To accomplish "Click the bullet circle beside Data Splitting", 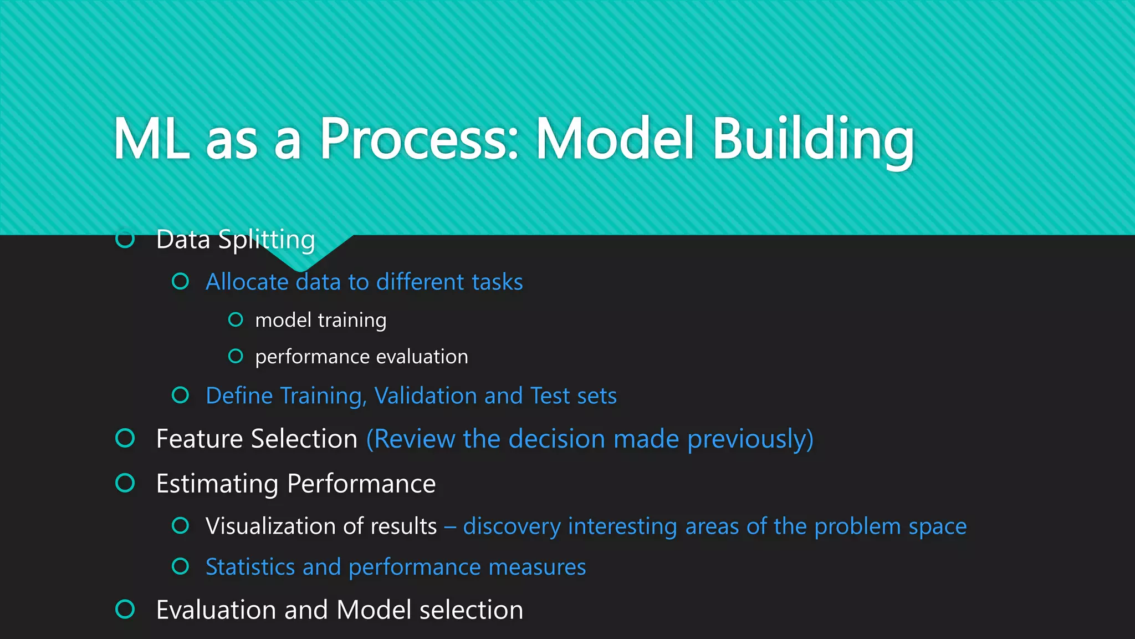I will click(x=125, y=240).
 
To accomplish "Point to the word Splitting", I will click(x=267, y=240).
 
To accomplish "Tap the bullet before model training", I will click(x=236, y=320).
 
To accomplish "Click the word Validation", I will click(x=426, y=396).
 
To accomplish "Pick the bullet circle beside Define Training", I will click(x=181, y=395).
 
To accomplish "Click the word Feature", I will click(x=200, y=439).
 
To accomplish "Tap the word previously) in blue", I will click(x=750, y=439).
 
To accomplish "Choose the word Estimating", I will click(x=217, y=484).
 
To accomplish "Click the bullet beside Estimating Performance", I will click(x=125, y=483).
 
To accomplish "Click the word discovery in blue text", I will click(x=512, y=526).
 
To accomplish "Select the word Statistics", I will click(x=250, y=567).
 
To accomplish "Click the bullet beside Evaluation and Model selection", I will click(x=125, y=609).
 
